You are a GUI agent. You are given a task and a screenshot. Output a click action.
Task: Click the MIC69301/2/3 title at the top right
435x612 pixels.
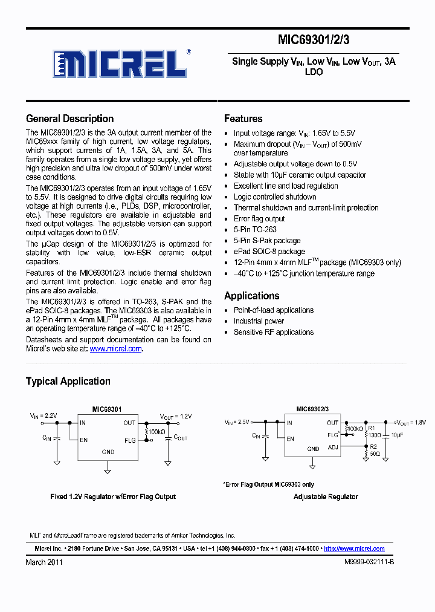[x=314, y=41]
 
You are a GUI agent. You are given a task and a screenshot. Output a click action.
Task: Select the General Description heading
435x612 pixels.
[x=69, y=119]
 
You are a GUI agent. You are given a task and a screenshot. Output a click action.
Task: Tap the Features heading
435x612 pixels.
[x=243, y=119]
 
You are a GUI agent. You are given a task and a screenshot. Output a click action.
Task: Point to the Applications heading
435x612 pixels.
[x=251, y=296]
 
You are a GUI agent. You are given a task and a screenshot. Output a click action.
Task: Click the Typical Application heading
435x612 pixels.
[x=68, y=381]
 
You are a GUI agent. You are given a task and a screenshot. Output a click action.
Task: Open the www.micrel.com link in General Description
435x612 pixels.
[x=116, y=349]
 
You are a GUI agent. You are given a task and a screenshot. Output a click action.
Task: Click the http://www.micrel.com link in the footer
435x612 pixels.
[x=354, y=549]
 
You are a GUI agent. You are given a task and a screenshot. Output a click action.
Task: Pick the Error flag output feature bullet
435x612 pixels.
[x=259, y=219]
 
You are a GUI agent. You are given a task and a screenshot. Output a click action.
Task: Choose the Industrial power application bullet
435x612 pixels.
[x=259, y=321]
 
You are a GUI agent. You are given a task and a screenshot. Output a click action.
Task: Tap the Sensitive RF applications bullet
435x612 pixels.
[x=274, y=332]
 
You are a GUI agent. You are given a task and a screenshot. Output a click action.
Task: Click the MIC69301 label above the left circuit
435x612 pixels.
[x=107, y=409]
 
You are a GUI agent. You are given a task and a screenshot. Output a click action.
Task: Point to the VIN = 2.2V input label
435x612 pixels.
[x=43, y=417]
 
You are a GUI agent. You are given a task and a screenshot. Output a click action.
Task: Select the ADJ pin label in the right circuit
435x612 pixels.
[x=333, y=447]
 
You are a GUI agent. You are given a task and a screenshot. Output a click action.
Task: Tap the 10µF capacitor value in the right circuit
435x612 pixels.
[x=397, y=435]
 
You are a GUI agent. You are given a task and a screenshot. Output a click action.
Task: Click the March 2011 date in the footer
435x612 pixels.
[x=44, y=562]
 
